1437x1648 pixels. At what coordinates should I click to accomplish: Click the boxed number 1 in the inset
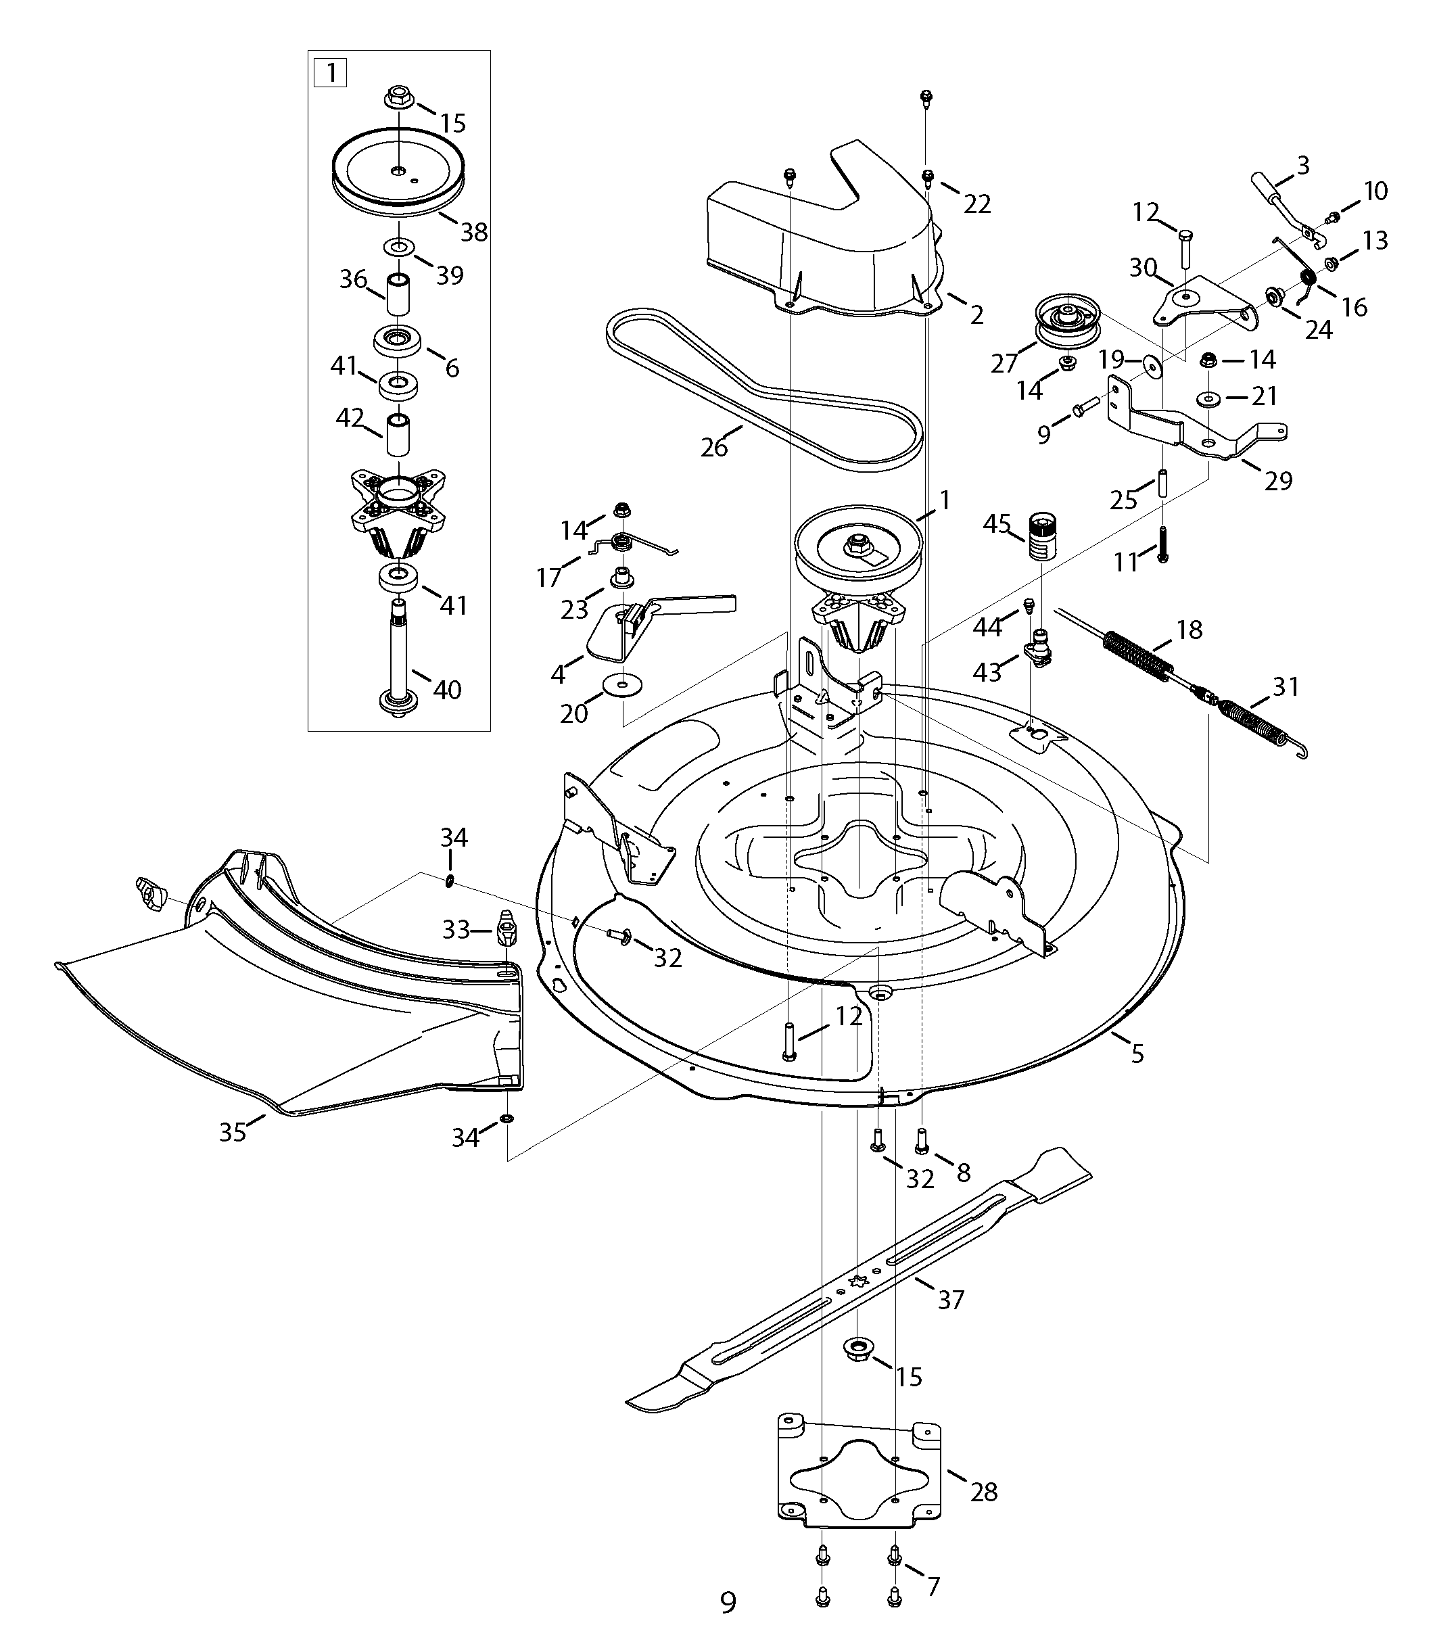point(331,73)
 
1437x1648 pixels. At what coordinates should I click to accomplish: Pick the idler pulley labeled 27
point(1067,320)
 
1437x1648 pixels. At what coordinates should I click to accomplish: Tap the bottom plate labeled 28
point(859,1483)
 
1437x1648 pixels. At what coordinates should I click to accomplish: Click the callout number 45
point(997,525)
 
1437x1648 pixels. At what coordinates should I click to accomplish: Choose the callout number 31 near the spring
point(1286,686)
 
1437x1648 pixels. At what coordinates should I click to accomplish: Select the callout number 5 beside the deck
point(1137,1054)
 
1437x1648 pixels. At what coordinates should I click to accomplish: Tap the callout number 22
point(976,204)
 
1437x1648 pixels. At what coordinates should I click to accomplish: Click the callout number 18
point(1189,630)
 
